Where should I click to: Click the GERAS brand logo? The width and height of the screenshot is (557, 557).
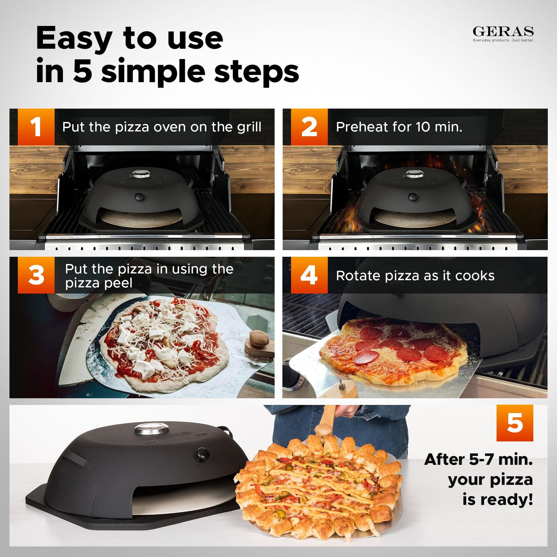coord(503,31)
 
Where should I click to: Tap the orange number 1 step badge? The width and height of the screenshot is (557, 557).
coord(36,127)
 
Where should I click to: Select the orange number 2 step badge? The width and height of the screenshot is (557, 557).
coord(309,127)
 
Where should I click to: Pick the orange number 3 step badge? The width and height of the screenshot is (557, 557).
coord(36,275)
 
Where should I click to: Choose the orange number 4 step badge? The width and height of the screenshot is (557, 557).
coord(309,275)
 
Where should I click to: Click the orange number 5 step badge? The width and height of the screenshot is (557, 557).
coord(515,423)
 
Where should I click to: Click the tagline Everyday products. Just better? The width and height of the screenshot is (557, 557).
coord(503,40)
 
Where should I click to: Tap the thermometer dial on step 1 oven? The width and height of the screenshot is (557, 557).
coord(141,174)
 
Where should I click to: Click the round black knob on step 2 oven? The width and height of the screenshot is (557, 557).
coord(412,197)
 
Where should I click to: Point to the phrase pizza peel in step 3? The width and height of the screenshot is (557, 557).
coord(98,283)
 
